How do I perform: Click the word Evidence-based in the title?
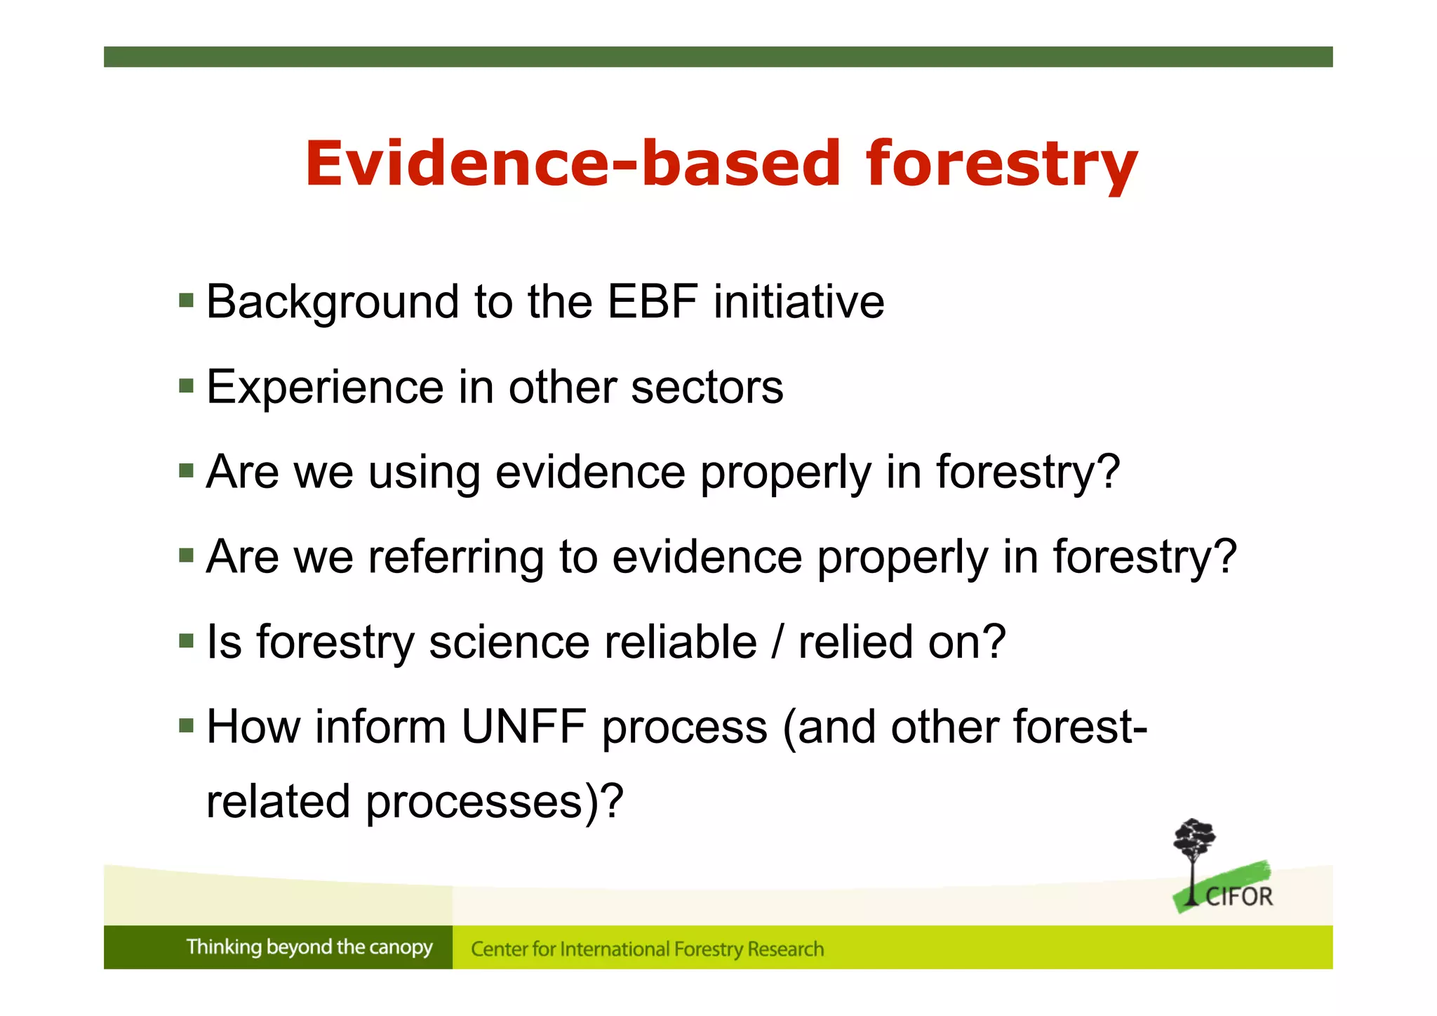pyautogui.click(x=572, y=164)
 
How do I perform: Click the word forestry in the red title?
pyautogui.click(x=1001, y=165)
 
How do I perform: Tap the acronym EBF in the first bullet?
pyautogui.click(x=652, y=302)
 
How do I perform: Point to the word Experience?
pyautogui.click(x=325, y=387)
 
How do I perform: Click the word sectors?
pyautogui.click(x=707, y=388)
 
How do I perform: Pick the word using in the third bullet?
pyautogui.click(x=424, y=473)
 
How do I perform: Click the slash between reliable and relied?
pyautogui.click(x=777, y=642)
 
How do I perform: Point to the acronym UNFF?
pyautogui.click(x=523, y=727)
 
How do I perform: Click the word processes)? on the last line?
pyautogui.click(x=494, y=802)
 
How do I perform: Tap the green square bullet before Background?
pyautogui.click(x=186, y=301)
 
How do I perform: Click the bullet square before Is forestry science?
pyautogui.click(x=186, y=641)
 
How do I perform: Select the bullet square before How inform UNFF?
pyautogui.click(x=186, y=725)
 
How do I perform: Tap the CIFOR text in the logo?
pyautogui.click(x=1238, y=897)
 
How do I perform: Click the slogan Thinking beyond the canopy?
pyautogui.click(x=309, y=947)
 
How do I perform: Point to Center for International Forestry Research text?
pyautogui.click(x=647, y=949)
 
